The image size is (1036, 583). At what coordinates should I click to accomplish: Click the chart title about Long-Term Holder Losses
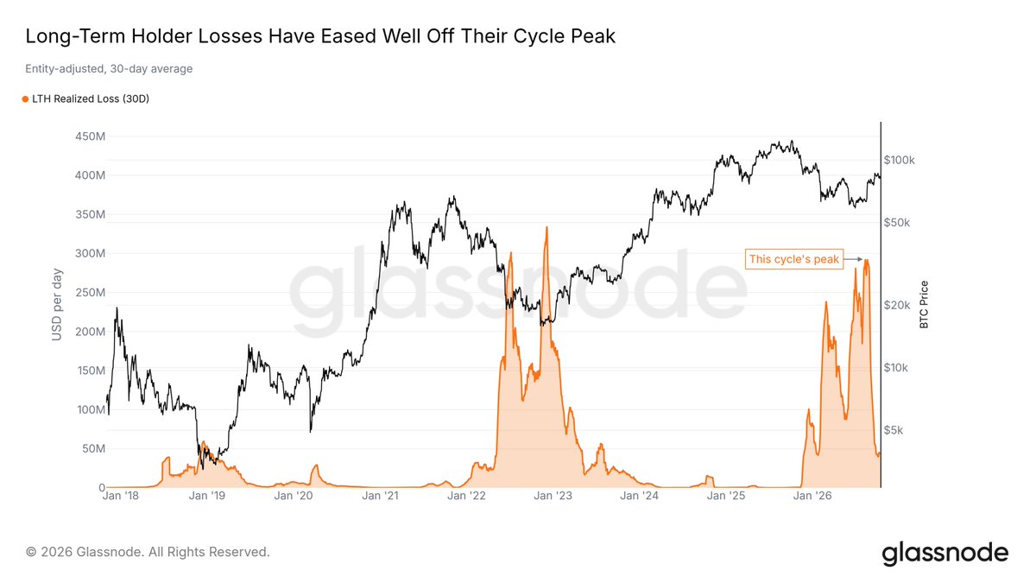coord(320,36)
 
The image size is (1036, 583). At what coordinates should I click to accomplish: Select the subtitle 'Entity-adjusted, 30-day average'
coord(109,69)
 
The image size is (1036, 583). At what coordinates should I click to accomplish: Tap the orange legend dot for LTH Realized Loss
coord(25,99)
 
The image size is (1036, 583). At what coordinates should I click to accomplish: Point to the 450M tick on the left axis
coord(90,136)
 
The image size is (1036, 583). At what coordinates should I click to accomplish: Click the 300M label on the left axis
coord(90,254)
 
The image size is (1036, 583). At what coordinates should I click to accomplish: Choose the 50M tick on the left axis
coord(93,449)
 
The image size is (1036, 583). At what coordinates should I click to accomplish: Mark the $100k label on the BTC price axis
coord(899,160)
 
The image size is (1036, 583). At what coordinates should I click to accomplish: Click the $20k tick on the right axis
coord(897,306)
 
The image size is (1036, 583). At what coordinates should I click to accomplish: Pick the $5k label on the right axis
coord(894,430)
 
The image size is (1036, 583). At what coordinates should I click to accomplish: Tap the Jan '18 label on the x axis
coord(120,496)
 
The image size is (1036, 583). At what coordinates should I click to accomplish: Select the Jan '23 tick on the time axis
coord(553,496)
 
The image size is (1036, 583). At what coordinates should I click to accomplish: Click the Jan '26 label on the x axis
coord(812,496)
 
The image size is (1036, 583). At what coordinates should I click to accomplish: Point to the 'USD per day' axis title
coord(57,304)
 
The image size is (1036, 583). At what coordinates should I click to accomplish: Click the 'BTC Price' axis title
coord(924,304)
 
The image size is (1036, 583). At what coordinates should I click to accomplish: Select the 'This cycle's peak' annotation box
coord(794,259)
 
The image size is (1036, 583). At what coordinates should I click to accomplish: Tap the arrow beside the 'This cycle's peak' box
coord(853,259)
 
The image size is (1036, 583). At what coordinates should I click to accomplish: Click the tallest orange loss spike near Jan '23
coord(546,228)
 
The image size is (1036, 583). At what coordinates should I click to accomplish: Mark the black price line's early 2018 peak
coord(117,307)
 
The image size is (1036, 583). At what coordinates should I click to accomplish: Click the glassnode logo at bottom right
coord(944,554)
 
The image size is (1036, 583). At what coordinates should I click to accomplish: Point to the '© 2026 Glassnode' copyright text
coord(148,552)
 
